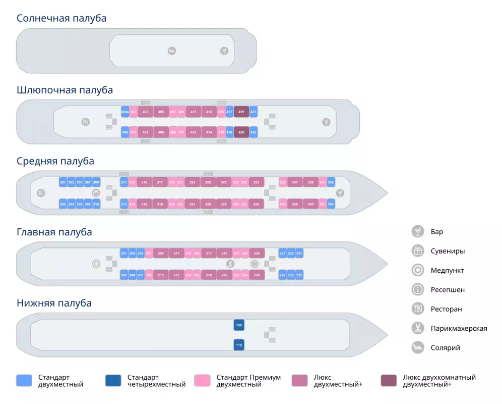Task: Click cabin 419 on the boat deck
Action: tap(241, 112)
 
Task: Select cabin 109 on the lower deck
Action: tap(239, 325)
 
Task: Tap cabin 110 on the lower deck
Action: tap(239, 345)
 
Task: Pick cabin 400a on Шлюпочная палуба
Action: tap(125, 112)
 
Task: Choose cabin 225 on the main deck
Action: tap(257, 253)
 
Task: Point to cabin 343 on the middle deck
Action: tap(331, 182)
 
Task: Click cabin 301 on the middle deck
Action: tap(63, 182)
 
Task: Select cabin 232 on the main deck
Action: tap(299, 275)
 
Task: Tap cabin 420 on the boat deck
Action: tap(241, 132)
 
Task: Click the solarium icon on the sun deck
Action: tap(172, 50)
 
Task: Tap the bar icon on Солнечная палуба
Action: tap(224, 50)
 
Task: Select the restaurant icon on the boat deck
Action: tap(86, 122)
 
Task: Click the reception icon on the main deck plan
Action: tap(255, 264)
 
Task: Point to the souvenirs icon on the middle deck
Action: tap(96, 193)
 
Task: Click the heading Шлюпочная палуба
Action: tap(65, 90)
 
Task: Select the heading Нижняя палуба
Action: tap(54, 304)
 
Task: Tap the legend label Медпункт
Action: tap(447, 271)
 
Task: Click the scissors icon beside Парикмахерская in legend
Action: tap(417, 328)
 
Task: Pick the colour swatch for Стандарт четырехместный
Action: tap(113, 381)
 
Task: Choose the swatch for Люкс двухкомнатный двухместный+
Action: tap(389, 381)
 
